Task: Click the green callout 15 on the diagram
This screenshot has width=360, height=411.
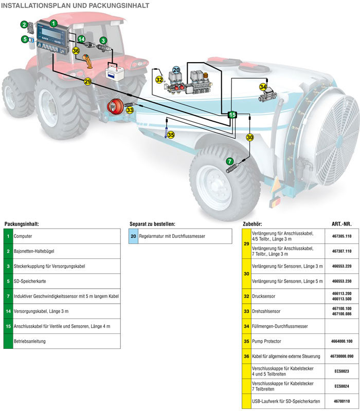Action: pyautogui.click(x=232, y=115)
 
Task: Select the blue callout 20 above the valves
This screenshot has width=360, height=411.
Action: pyautogui.click(x=176, y=70)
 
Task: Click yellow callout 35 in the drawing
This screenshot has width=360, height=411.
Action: pyautogui.click(x=171, y=135)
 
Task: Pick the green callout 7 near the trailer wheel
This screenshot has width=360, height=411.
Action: pyautogui.click(x=229, y=161)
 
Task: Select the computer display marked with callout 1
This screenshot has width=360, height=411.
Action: pyautogui.click(x=53, y=36)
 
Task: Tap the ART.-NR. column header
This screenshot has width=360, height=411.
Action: pyautogui.click(x=341, y=225)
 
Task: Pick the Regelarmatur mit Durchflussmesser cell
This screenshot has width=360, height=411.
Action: pyautogui.click(x=176, y=236)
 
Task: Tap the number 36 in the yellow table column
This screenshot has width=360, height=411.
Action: pyautogui.click(x=246, y=356)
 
